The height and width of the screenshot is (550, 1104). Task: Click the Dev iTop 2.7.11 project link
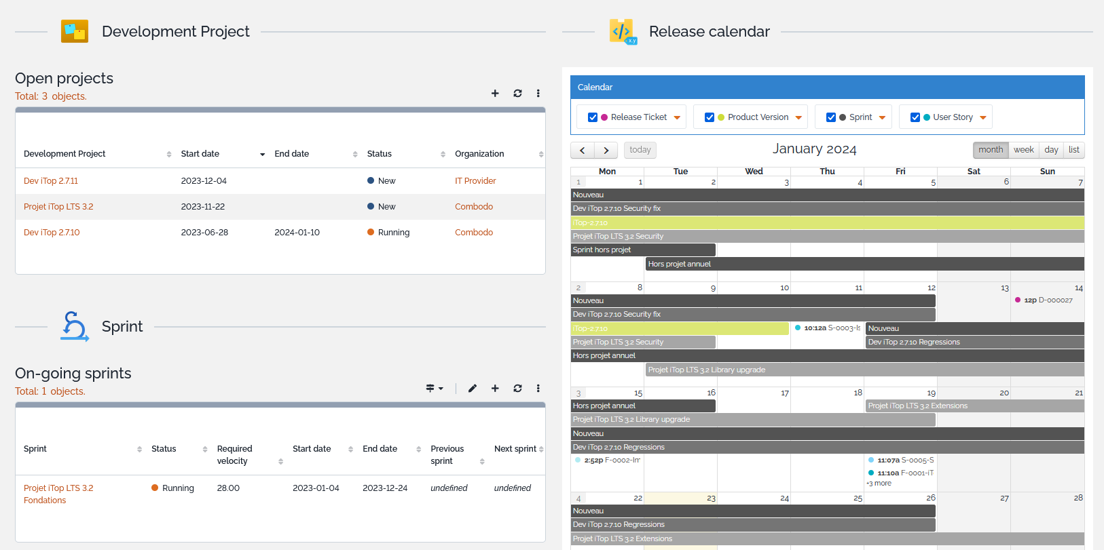pyautogui.click(x=51, y=181)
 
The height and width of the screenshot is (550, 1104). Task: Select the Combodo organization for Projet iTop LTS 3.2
pyautogui.click(x=474, y=207)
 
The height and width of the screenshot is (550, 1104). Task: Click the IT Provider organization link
pyautogui.click(x=475, y=181)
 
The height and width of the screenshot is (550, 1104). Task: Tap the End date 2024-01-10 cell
pyautogui.click(x=297, y=233)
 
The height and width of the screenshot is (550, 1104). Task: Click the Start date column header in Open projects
pyautogui.click(x=200, y=154)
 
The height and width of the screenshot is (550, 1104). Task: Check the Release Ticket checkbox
pyautogui.click(x=593, y=117)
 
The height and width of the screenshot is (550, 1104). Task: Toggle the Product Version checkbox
pyautogui.click(x=710, y=117)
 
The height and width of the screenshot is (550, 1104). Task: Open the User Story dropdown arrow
pyautogui.click(x=983, y=118)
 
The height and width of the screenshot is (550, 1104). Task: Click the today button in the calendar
pyautogui.click(x=640, y=150)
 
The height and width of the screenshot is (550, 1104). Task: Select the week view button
pyautogui.click(x=1023, y=150)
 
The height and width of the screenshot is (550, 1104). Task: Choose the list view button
pyautogui.click(x=1073, y=150)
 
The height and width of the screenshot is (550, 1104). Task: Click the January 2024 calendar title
pyautogui.click(x=814, y=149)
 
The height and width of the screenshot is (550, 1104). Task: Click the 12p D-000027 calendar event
pyautogui.click(x=1048, y=300)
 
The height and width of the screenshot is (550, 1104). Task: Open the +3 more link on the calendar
pyautogui.click(x=879, y=484)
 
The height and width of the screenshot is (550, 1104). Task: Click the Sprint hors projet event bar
pyautogui.click(x=642, y=250)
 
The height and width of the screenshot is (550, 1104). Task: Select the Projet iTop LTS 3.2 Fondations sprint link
pyautogui.click(x=58, y=494)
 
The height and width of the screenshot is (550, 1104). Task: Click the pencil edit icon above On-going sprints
pyautogui.click(x=473, y=389)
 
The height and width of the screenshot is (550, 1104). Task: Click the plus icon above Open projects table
pyautogui.click(x=495, y=94)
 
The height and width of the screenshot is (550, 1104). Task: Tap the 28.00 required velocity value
pyautogui.click(x=228, y=488)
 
